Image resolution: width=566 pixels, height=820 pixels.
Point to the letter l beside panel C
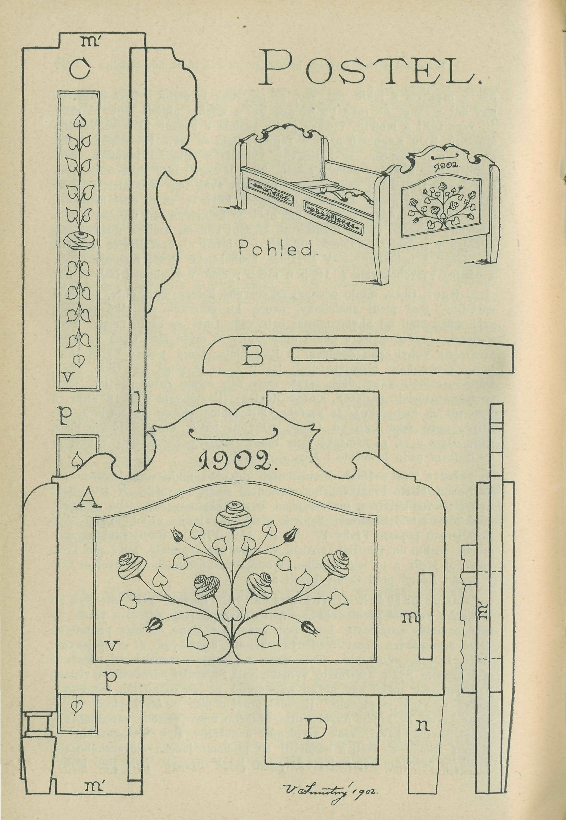click(x=139, y=405)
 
